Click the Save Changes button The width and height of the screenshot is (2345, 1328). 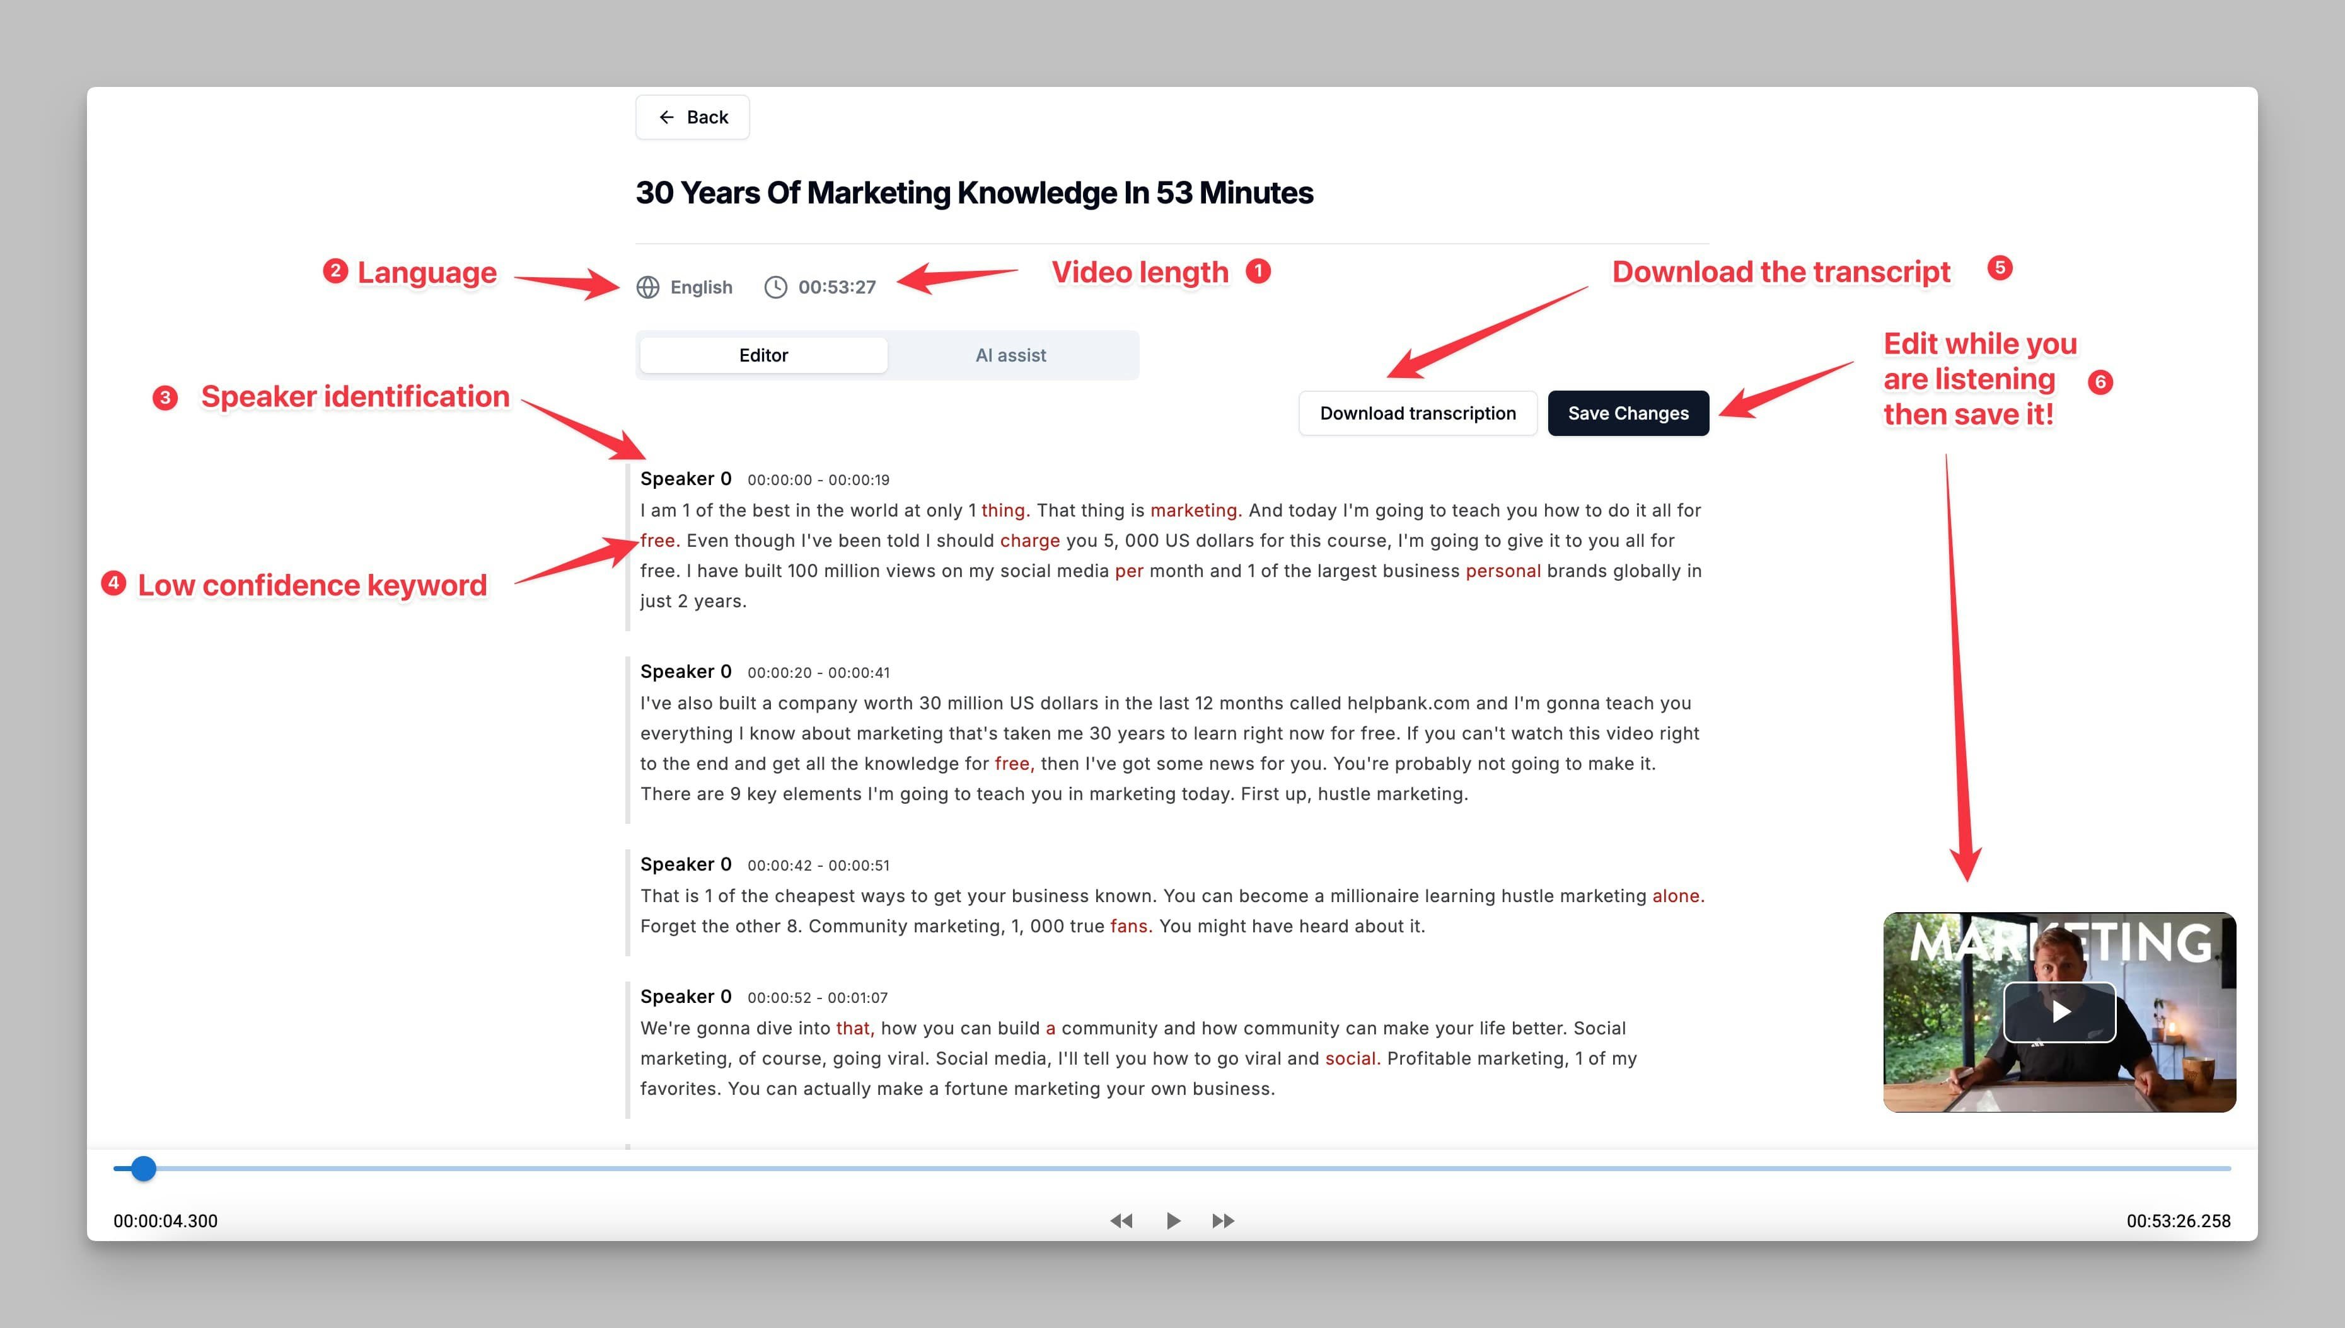[x=1628, y=413]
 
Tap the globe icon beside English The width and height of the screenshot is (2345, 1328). [x=648, y=287]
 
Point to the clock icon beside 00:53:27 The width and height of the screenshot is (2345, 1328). [x=775, y=287]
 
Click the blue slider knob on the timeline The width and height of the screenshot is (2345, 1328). [x=143, y=1169]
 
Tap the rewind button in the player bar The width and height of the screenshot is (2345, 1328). [x=1121, y=1220]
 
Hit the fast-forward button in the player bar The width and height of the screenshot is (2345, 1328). [x=1224, y=1220]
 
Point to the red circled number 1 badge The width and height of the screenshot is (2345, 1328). [x=1258, y=271]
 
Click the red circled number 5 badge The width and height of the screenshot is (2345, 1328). [x=2000, y=268]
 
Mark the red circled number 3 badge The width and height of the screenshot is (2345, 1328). [x=165, y=398]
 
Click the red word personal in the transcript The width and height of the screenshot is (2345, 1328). [x=1503, y=571]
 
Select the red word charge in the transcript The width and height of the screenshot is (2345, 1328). [x=1029, y=541]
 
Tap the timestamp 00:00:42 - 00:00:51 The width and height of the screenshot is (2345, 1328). [x=818, y=866]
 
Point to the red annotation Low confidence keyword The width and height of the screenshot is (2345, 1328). [x=312, y=585]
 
